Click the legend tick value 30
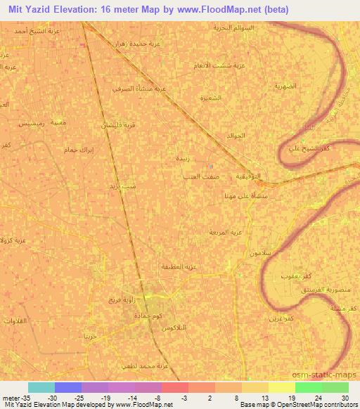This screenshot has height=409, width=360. pyautogui.click(x=345, y=398)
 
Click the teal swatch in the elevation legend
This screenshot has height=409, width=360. pyautogui.click(x=41, y=387)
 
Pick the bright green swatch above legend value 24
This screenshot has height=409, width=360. pyautogui.click(x=308, y=387)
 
